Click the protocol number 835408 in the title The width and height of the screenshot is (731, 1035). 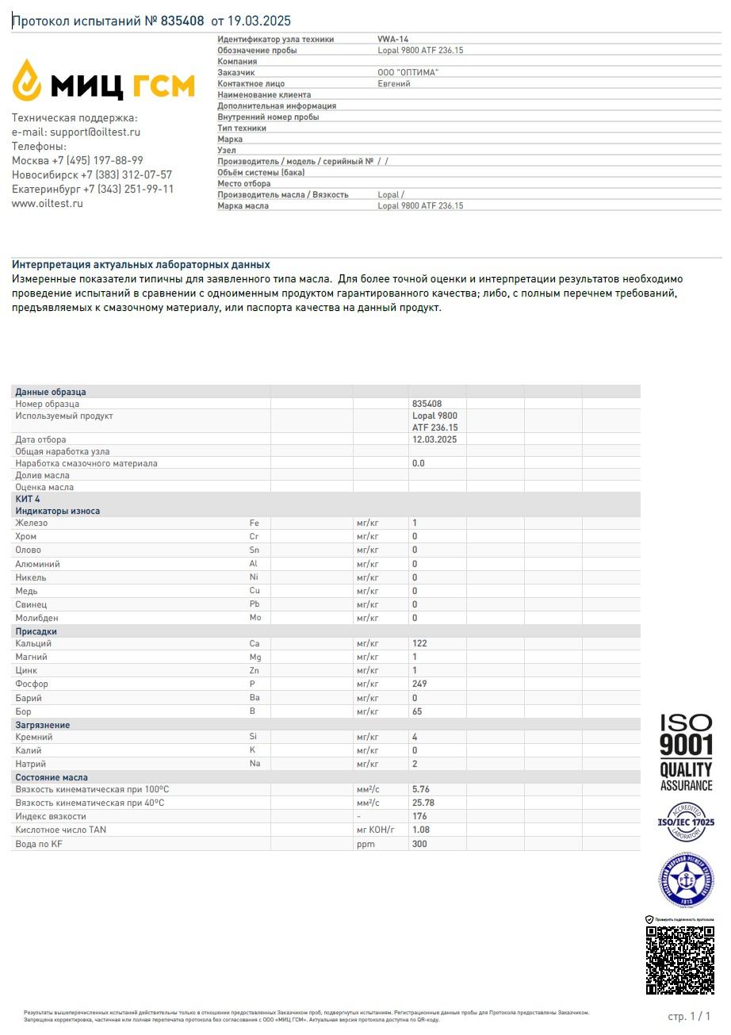click(x=182, y=21)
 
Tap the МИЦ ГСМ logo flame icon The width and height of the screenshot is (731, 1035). click(x=27, y=80)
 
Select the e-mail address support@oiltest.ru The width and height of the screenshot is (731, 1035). click(x=94, y=132)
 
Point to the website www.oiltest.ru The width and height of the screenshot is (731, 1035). click(x=47, y=204)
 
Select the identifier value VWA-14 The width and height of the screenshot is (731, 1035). click(x=393, y=39)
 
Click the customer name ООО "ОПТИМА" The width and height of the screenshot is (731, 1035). click(x=408, y=72)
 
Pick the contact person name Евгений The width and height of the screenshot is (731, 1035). click(x=394, y=83)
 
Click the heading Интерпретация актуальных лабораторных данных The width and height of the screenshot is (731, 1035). click(x=141, y=265)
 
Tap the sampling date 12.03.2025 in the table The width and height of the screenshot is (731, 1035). click(x=434, y=439)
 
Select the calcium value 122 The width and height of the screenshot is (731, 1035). click(x=419, y=643)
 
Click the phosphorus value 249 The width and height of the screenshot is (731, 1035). click(x=419, y=684)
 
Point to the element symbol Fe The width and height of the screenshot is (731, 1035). click(x=255, y=523)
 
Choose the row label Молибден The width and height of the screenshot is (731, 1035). click(x=36, y=618)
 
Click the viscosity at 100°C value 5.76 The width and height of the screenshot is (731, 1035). click(x=420, y=790)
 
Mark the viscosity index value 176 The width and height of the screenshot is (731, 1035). click(x=419, y=816)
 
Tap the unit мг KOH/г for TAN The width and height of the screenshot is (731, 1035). click(x=375, y=830)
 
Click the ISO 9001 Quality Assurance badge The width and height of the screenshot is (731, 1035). click(x=687, y=752)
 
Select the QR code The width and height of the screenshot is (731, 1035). click(x=680, y=960)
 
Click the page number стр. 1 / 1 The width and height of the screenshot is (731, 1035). click(x=689, y=1016)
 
